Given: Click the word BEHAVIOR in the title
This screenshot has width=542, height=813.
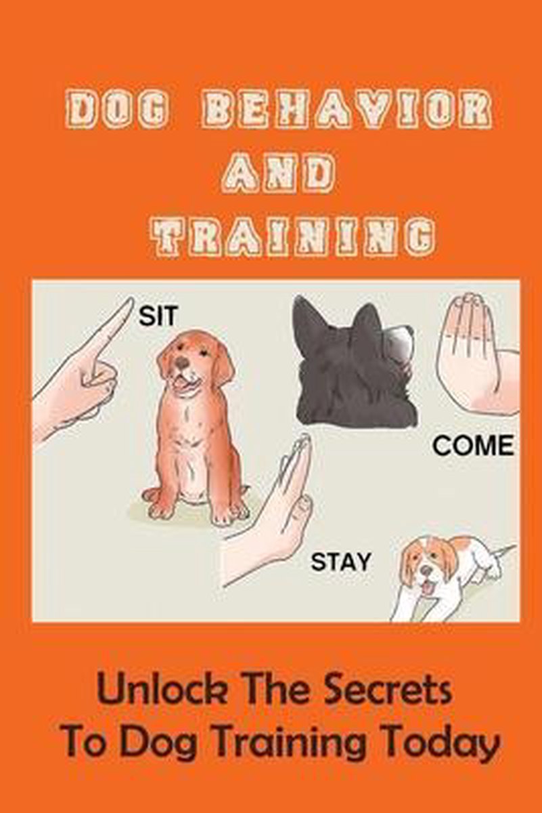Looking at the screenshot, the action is (346, 109).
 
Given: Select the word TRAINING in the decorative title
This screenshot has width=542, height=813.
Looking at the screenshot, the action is (294, 236).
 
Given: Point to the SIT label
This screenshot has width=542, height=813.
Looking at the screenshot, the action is (158, 316).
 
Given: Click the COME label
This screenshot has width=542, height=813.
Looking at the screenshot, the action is (474, 446).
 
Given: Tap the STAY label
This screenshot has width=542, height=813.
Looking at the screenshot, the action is (340, 562).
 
